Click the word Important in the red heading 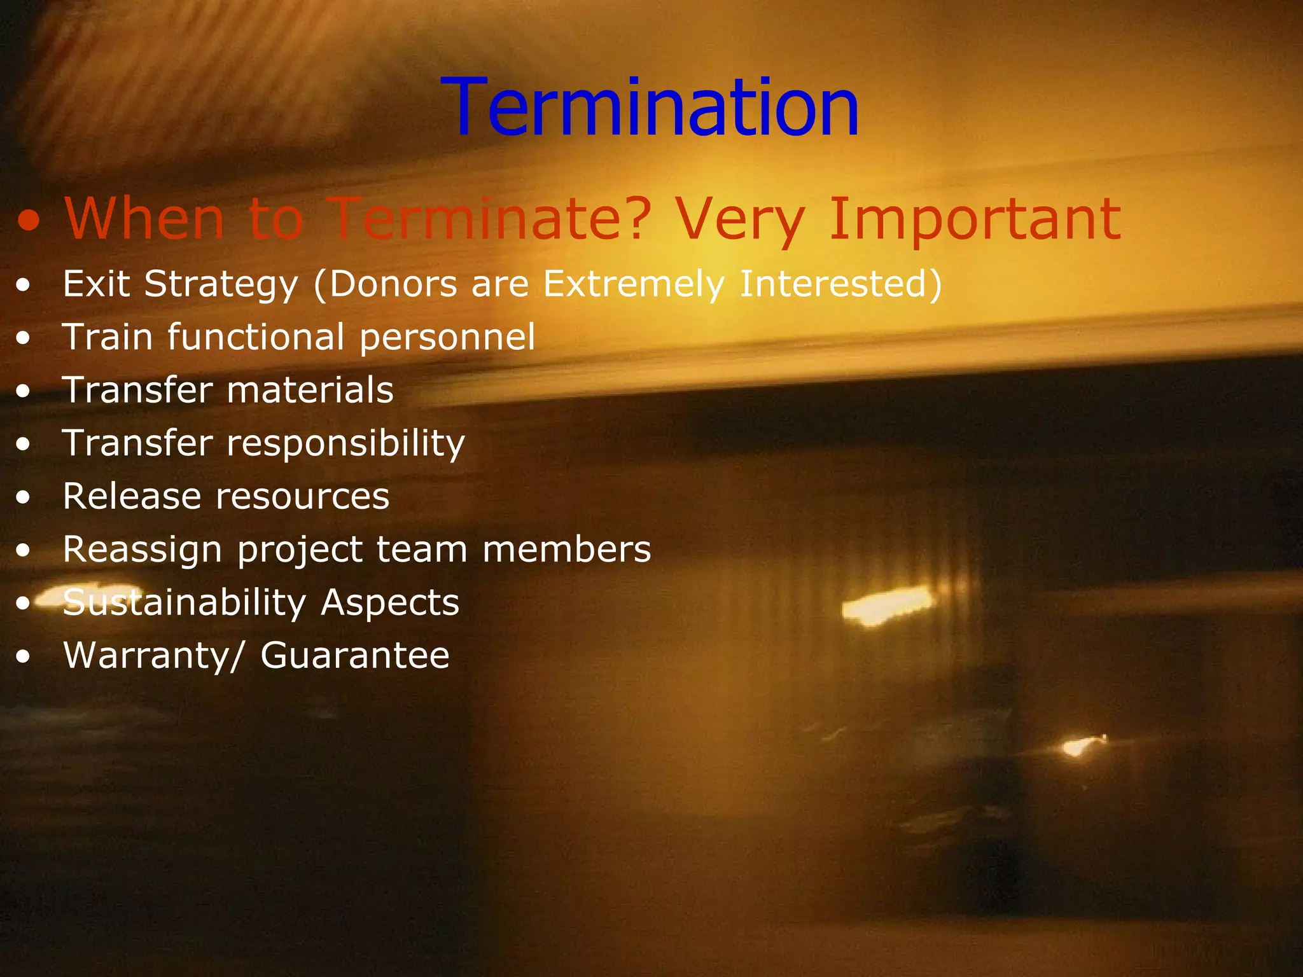(x=975, y=219)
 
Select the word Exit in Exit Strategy (x=96, y=284)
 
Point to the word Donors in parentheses (x=393, y=284)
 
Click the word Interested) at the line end (x=840, y=284)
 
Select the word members (x=566, y=550)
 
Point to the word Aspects (x=389, y=602)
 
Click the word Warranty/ (x=153, y=656)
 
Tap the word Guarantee (x=354, y=656)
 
